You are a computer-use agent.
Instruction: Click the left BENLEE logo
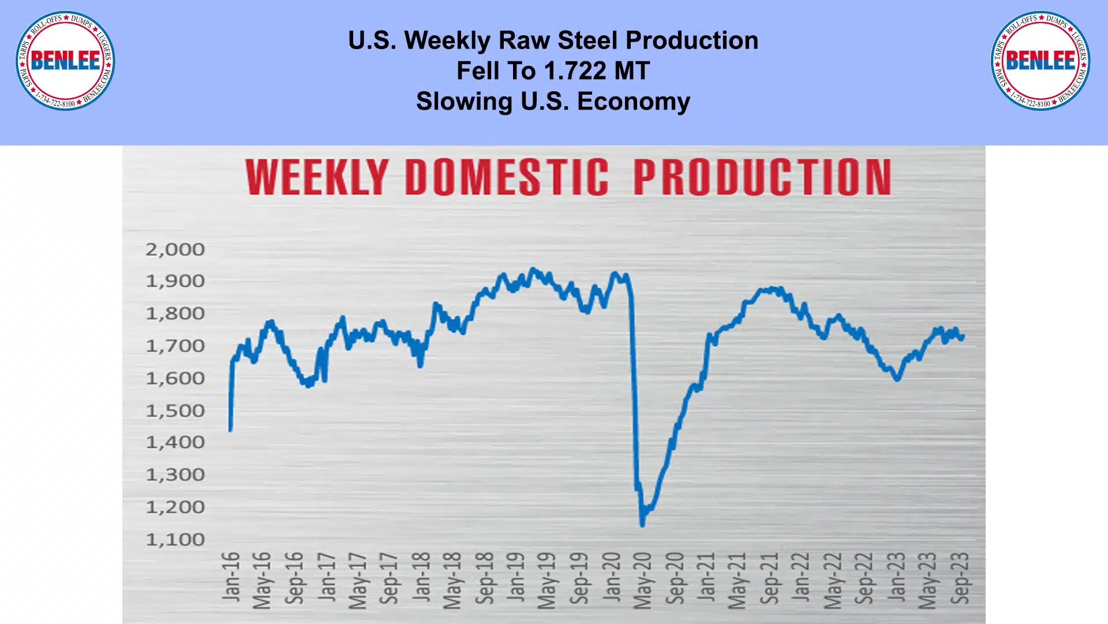click(x=65, y=61)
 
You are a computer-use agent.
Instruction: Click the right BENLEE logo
click(x=1040, y=61)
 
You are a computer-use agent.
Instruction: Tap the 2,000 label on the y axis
click(x=175, y=249)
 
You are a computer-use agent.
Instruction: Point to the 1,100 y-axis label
click(x=175, y=540)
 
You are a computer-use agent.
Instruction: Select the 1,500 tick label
click(x=175, y=410)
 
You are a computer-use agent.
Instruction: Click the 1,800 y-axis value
click(x=175, y=313)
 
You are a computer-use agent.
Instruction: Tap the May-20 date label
click(x=643, y=580)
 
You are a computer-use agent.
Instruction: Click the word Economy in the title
click(x=633, y=102)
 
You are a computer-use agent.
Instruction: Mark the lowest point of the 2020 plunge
click(x=642, y=525)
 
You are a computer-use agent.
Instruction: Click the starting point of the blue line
click(x=230, y=430)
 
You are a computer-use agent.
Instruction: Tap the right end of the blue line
click(x=963, y=337)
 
